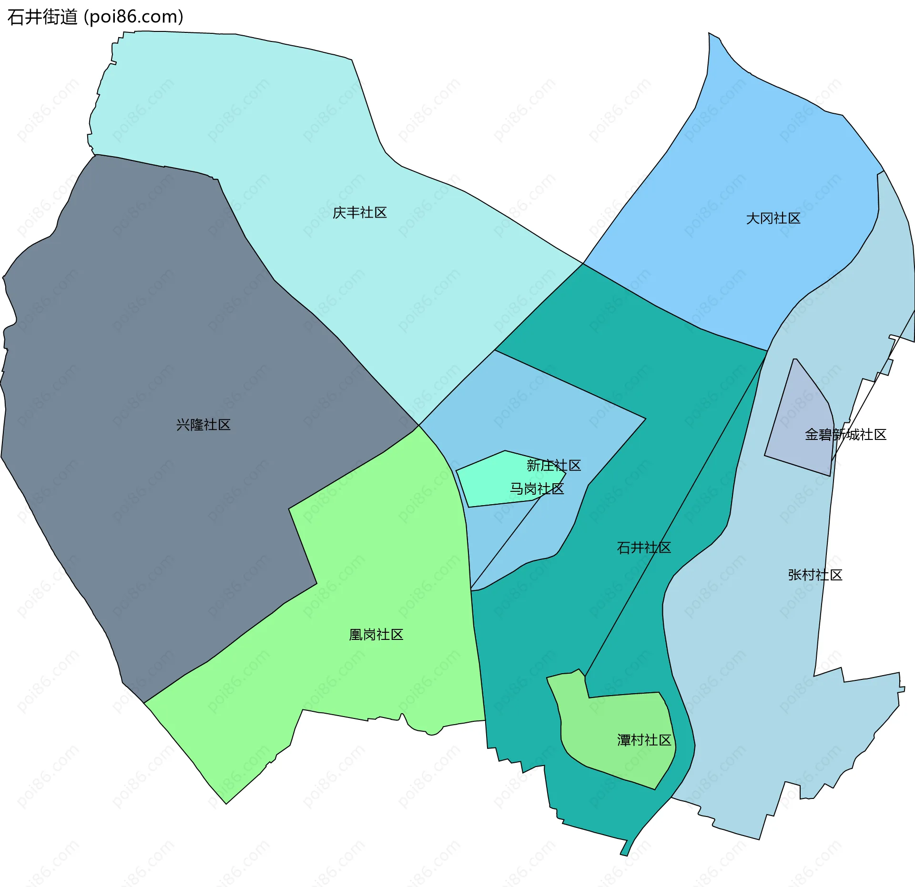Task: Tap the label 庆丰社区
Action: coord(359,212)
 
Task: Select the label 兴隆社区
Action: coord(203,425)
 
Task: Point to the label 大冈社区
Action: coord(773,219)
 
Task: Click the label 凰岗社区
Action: coord(376,635)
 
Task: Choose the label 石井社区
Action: coord(644,548)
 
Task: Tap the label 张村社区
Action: coord(815,575)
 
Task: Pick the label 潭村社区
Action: coord(644,740)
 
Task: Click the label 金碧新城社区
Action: coord(845,435)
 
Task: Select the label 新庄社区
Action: coord(554,465)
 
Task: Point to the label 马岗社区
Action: coord(537,488)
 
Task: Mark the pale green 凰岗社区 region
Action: coord(381,571)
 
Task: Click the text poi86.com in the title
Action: coord(133,17)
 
